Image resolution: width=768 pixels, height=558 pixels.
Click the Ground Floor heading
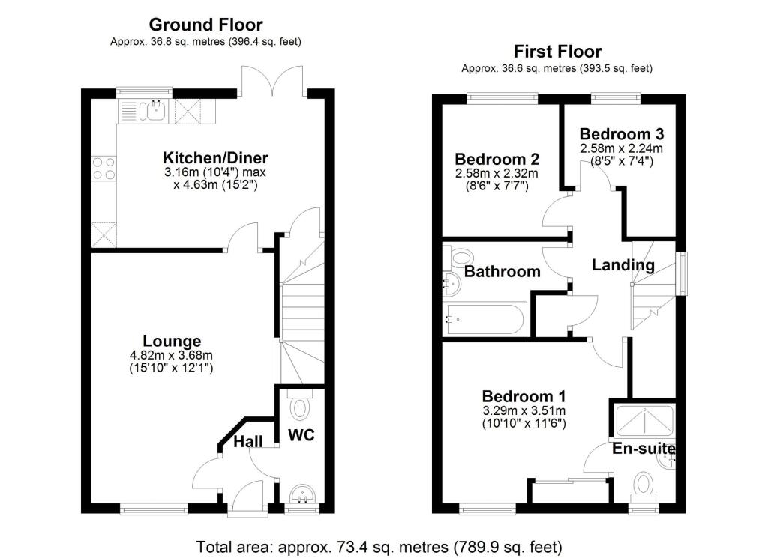(205, 25)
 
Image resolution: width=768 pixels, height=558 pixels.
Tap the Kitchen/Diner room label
(215, 158)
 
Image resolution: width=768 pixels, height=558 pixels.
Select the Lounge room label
(173, 341)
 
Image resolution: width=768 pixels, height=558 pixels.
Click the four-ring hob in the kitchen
(103, 169)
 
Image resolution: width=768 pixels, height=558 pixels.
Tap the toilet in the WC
(301, 409)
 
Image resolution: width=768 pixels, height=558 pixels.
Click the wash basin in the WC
(303, 494)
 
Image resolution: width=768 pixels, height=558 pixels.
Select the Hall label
(247, 442)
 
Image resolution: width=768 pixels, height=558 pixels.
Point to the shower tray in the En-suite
(644, 420)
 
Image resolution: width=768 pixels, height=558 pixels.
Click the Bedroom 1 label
(523, 396)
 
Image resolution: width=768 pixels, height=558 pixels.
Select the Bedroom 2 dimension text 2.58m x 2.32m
(496, 173)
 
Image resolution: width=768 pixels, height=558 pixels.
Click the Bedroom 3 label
(621, 134)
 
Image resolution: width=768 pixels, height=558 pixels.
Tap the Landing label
(622, 265)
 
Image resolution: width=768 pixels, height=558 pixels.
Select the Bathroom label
(502, 271)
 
